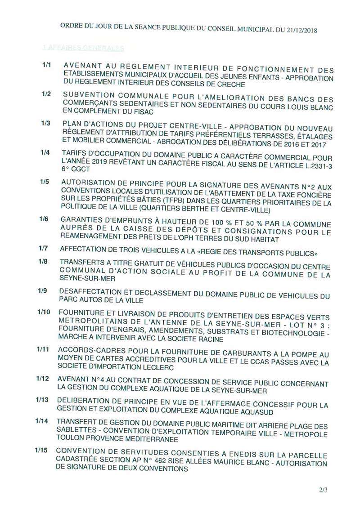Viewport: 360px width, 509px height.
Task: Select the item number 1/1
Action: click(x=47, y=65)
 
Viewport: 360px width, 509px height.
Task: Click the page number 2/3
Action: click(x=323, y=490)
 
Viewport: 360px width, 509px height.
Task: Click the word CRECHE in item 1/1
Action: click(x=229, y=84)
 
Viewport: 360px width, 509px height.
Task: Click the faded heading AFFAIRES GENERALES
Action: click(x=83, y=47)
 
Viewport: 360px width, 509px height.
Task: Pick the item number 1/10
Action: click(x=43, y=313)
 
